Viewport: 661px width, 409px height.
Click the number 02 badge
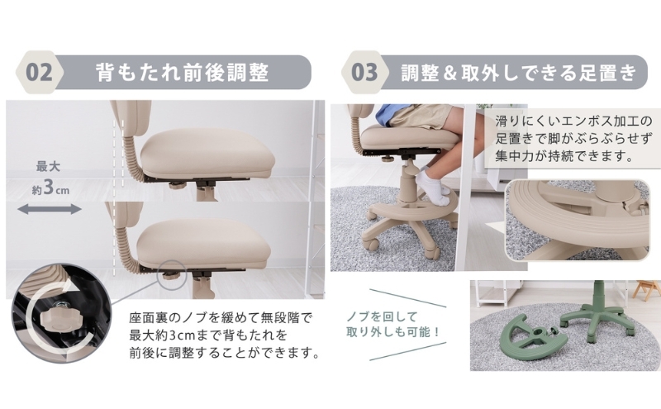point(39,72)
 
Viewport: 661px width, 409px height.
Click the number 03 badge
point(364,72)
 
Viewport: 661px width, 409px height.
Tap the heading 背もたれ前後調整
point(182,72)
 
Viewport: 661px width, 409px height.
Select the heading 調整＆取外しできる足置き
point(519,72)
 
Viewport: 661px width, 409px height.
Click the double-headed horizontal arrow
point(50,209)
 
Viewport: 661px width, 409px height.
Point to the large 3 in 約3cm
point(49,188)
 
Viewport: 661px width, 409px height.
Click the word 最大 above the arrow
point(48,167)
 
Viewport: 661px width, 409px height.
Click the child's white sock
point(431,186)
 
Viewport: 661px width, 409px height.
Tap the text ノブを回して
point(382,316)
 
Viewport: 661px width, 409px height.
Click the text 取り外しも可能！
point(393,332)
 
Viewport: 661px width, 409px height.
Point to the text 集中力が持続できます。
point(565,156)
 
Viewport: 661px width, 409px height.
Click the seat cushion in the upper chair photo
point(207,155)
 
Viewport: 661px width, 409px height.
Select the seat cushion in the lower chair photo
point(203,245)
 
